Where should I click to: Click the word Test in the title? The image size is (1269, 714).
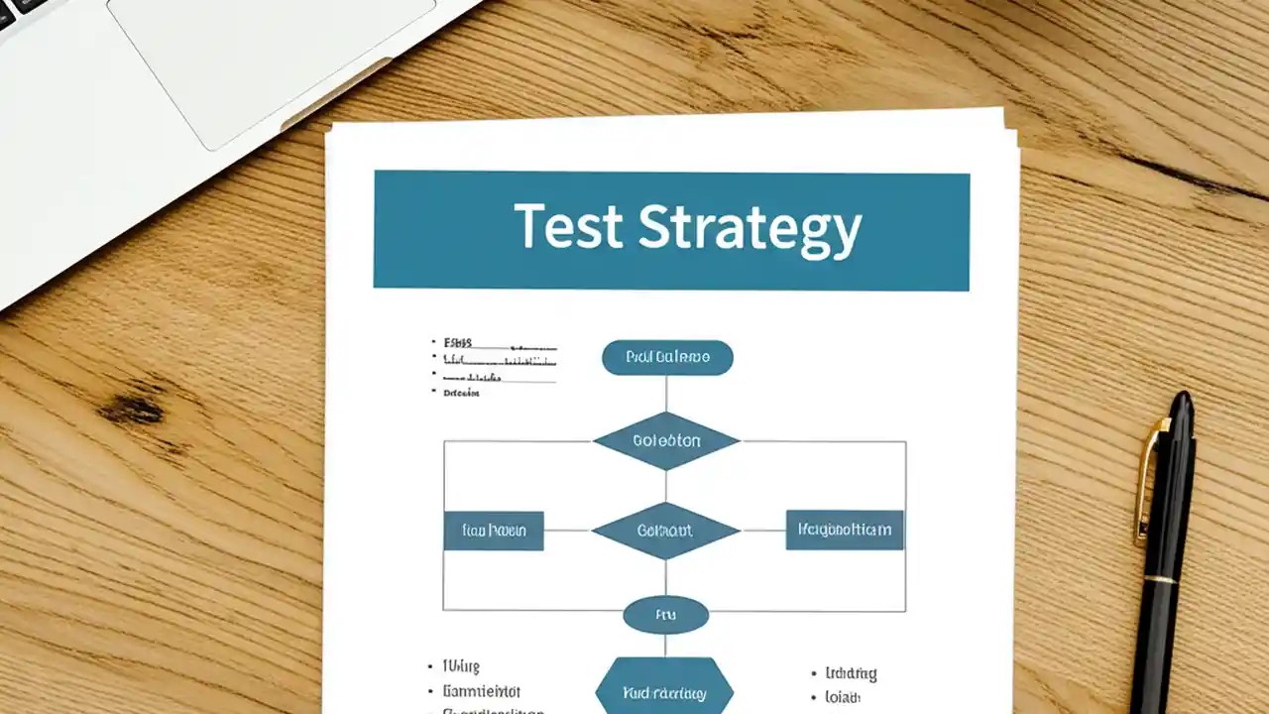(x=568, y=227)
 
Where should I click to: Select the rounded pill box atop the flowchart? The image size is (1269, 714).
(x=667, y=358)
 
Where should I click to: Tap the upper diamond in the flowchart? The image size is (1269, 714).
(x=666, y=441)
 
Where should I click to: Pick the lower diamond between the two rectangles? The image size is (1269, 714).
(x=666, y=531)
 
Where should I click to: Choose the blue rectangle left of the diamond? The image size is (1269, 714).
(x=494, y=531)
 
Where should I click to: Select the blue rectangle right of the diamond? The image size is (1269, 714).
(x=845, y=530)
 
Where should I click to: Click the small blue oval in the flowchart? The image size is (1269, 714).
(x=666, y=616)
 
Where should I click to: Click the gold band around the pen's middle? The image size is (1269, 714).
(x=1161, y=577)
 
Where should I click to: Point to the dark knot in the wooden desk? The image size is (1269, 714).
(x=131, y=408)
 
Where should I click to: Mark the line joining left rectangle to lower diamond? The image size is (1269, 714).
(x=567, y=531)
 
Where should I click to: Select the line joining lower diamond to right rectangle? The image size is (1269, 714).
(x=763, y=531)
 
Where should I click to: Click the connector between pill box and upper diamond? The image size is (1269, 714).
(x=666, y=393)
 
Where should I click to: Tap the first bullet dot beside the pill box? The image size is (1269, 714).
(x=434, y=342)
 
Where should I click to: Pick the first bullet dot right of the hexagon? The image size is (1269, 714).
(x=814, y=674)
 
